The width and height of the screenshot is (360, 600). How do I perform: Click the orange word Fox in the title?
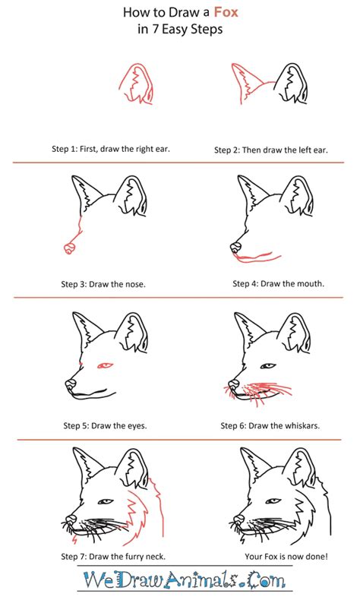[x=226, y=12]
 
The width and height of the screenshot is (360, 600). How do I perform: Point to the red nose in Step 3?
[x=69, y=248]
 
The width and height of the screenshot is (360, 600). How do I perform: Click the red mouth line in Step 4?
[x=257, y=258]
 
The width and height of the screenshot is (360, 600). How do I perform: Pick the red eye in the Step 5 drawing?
[x=105, y=366]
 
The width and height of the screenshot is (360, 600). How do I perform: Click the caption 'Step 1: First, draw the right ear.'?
[x=111, y=149]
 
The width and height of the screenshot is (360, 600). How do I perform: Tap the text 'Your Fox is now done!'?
[x=286, y=556]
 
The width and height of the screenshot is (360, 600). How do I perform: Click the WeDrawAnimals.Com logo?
[x=184, y=579]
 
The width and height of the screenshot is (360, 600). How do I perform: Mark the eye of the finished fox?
[x=273, y=501]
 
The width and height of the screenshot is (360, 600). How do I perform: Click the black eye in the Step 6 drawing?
[x=268, y=366]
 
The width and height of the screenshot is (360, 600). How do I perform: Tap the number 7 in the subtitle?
[x=156, y=29]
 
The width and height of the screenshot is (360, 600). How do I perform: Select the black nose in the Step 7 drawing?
[x=71, y=519]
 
